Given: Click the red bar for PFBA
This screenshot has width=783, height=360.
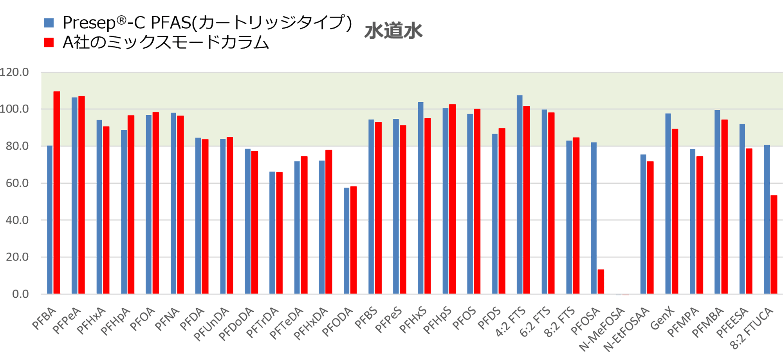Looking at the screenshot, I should [57, 192].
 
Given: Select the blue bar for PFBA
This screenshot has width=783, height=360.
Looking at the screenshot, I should [50, 219].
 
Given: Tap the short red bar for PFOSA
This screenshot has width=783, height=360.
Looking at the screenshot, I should [601, 282].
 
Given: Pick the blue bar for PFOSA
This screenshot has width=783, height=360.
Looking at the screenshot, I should [594, 218].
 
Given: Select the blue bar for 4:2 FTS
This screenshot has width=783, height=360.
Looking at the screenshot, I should [520, 194].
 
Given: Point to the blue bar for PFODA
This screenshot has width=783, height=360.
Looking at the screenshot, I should [346, 241].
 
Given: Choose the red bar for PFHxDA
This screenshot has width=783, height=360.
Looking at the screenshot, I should [328, 222].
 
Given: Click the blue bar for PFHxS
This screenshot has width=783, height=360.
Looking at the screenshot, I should [420, 198].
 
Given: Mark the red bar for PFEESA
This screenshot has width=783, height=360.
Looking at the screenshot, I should [749, 221].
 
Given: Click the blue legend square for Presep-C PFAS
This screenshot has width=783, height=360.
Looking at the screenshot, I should [49, 23].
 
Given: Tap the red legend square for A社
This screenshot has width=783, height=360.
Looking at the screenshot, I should [49, 42].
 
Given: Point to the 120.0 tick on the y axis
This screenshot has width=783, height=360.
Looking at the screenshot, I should [14, 72].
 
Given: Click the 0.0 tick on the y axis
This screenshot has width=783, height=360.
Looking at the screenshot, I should [20, 294].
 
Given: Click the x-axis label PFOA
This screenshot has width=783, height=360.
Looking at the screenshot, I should [142, 320].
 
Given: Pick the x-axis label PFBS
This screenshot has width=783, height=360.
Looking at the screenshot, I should [366, 318].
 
